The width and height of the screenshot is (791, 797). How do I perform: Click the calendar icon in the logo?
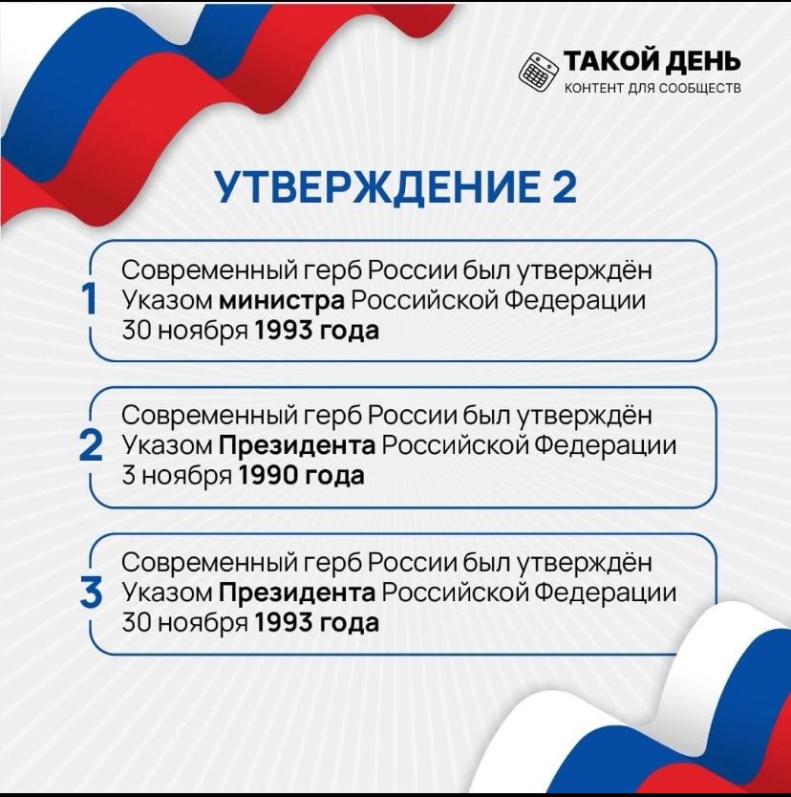[x=539, y=73]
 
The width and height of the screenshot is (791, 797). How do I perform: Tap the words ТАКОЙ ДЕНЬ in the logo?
[x=652, y=61]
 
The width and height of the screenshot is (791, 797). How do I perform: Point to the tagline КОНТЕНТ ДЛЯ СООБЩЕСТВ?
[x=652, y=89]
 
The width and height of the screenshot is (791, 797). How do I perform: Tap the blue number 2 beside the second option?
[x=91, y=445]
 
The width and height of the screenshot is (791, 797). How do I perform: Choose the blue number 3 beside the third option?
[x=91, y=592]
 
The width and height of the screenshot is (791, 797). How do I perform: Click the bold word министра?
[x=282, y=301]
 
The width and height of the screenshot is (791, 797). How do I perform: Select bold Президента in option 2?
[x=297, y=445]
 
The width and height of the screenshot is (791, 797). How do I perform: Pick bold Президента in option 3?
[x=297, y=592]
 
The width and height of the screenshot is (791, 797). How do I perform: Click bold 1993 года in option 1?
[x=316, y=331]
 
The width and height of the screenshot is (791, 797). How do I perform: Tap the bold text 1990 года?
[x=301, y=476]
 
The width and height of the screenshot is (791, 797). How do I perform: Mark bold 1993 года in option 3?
[x=316, y=623]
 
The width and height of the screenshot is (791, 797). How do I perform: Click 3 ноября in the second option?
[x=178, y=476]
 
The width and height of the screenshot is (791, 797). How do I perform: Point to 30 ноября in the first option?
[x=185, y=332]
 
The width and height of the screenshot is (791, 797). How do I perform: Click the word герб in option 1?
[x=332, y=271]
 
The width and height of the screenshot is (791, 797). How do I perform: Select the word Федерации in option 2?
[x=606, y=446]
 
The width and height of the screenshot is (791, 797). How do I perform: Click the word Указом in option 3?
[x=167, y=592]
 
